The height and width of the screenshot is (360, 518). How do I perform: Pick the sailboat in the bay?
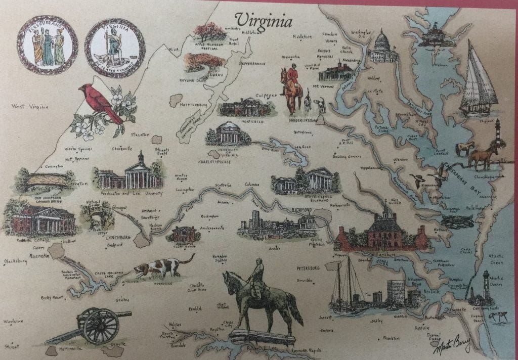pos(478,81)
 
